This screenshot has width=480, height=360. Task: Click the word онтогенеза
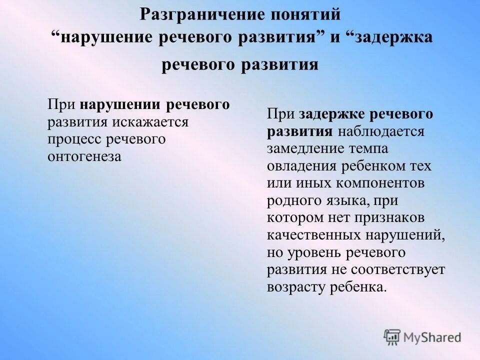[84, 156]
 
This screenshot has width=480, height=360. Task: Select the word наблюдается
[380, 132]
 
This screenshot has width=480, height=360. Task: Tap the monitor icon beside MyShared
[392, 337]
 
